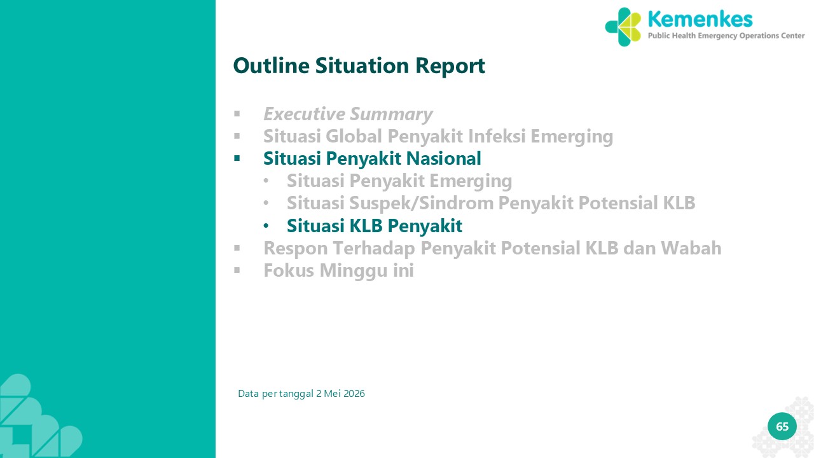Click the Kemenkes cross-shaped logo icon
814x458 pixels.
pos(623,27)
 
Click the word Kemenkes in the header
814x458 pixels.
pos(700,19)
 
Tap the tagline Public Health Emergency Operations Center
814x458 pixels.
pos(726,36)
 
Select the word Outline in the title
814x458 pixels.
pos(271,66)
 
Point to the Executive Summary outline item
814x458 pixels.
pos(348,114)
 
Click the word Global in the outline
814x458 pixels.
pos(354,136)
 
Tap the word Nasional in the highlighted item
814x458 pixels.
pos(443,158)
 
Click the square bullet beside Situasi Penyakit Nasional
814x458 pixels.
pos(237,158)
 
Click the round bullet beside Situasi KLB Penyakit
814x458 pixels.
pos(266,226)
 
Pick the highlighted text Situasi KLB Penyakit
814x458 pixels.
pos(375,226)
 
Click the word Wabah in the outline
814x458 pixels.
pos(691,248)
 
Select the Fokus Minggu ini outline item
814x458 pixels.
pos(338,271)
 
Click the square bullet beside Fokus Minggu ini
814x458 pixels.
pos(237,270)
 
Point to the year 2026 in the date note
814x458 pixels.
pos(354,394)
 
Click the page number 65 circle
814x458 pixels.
pos(782,426)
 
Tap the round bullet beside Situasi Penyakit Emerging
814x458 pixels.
pos(266,181)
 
